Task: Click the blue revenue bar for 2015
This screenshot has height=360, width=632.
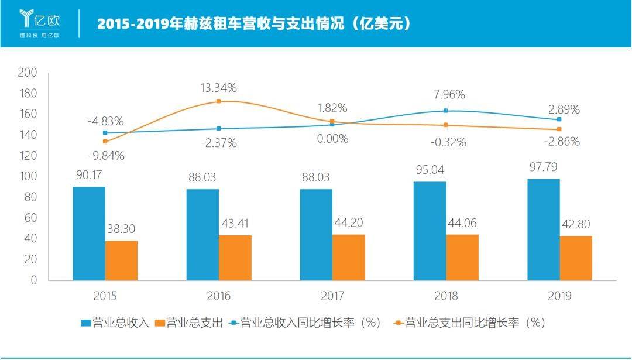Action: pos(89,234)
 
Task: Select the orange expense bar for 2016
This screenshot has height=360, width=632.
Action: pos(235,258)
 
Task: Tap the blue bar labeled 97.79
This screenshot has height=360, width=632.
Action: pos(543,229)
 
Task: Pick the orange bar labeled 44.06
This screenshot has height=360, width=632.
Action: pos(462,257)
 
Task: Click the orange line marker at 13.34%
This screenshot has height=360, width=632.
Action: pos(218,101)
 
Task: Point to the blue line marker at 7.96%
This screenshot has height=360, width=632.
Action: pos(446,111)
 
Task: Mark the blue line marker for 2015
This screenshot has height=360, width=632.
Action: pos(105,133)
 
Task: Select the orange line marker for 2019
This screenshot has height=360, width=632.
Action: pos(559,129)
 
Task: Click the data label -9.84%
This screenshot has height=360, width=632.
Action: pos(106,156)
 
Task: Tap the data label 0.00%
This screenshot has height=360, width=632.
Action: pos(332,139)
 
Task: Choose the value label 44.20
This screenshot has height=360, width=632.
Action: pos(349,222)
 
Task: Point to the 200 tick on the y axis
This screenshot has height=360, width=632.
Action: pos(28,73)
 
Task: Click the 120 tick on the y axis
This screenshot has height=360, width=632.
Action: pos(28,156)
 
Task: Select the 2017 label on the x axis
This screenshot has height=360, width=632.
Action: pos(332,296)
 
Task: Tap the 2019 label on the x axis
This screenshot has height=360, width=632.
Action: pos(559,296)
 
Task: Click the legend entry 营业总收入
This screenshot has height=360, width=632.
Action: pos(115,323)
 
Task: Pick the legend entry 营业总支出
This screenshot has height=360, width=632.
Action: pos(189,323)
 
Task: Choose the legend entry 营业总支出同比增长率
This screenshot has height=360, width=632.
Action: pos(469,323)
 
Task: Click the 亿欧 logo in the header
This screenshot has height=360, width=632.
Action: pos(40,23)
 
